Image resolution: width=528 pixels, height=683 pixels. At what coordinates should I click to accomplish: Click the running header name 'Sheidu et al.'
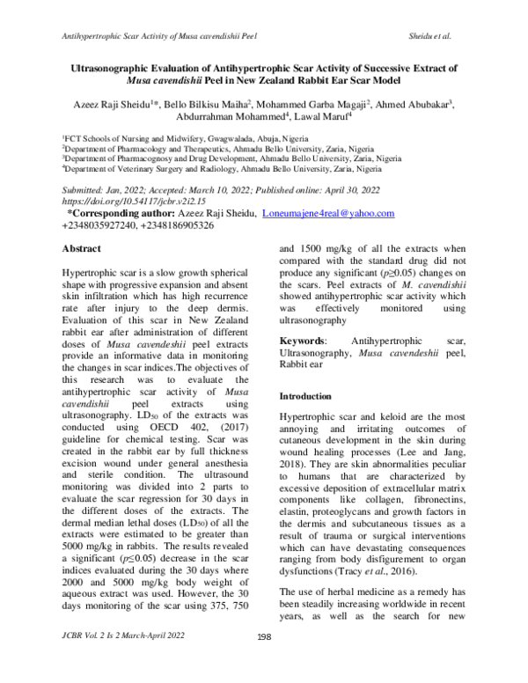[x=429, y=36]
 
